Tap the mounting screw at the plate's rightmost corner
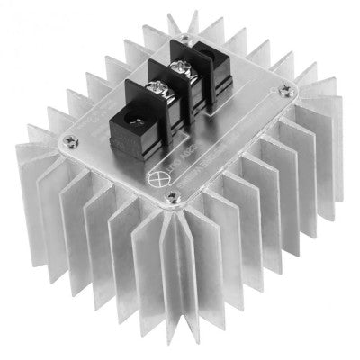(x=285, y=89)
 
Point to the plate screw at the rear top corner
(x=184, y=39)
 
